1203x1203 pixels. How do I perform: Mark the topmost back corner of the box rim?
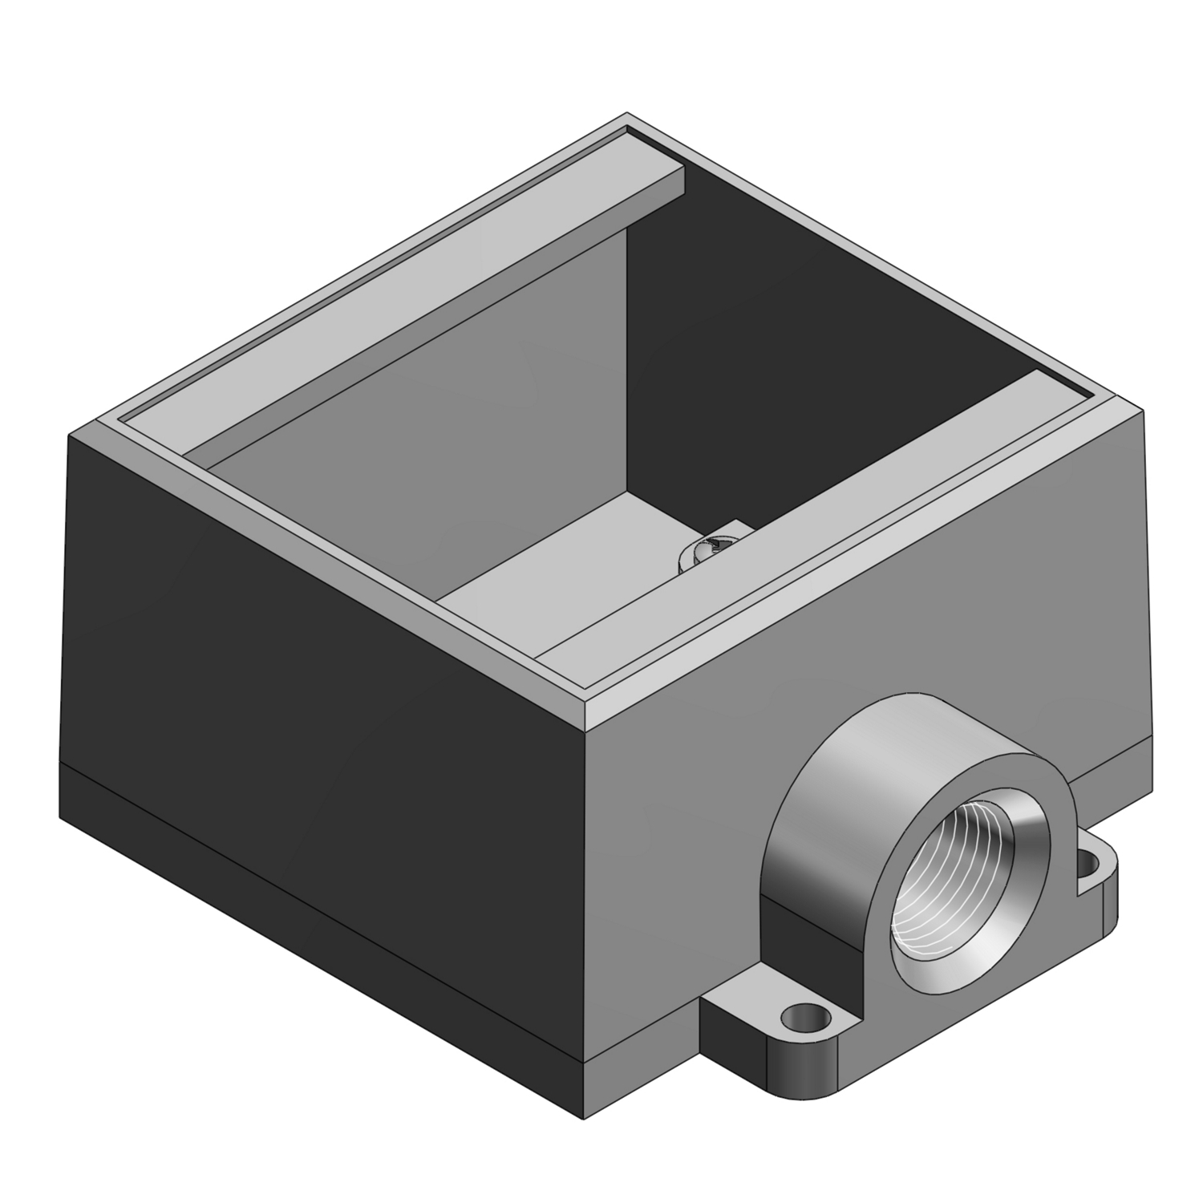tap(627, 118)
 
